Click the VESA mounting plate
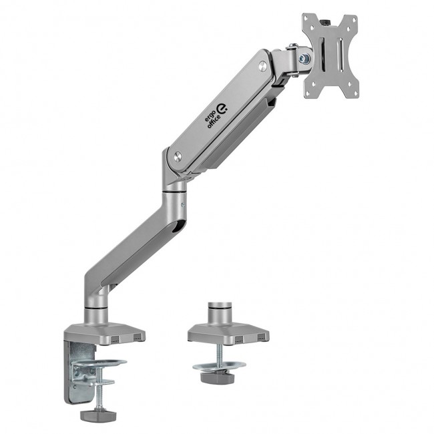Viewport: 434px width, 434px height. click(x=330, y=55)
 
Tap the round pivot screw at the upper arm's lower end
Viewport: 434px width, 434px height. click(x=178, y=156)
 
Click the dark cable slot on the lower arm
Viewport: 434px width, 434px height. click(x=177, y=230)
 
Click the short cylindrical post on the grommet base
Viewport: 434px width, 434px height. click(x=218, y=313)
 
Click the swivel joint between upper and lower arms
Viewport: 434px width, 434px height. click(x=176, y=194)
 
